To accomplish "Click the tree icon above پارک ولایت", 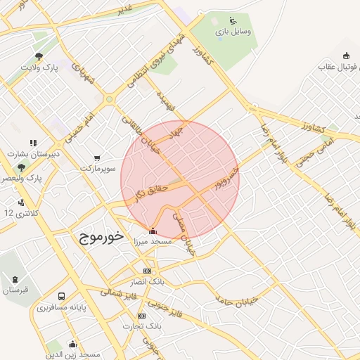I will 39,57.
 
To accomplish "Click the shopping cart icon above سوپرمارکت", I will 96,157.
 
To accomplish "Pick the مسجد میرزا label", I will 153,241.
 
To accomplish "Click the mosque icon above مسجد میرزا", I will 153,231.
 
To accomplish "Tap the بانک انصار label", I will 147,282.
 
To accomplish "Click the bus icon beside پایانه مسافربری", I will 62,296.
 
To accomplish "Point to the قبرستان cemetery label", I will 15,290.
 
